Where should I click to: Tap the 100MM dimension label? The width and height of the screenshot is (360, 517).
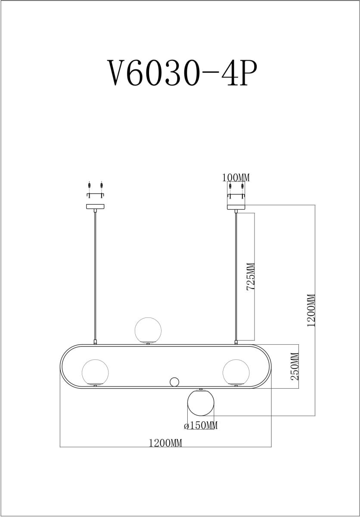coord(236,178)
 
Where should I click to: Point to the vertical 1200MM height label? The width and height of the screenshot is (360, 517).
coord(311,310)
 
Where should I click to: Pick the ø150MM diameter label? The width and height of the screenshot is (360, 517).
coord(201,426)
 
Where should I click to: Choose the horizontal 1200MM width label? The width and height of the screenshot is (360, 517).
coord(165,443)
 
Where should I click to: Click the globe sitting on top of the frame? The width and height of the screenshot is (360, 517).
coord(148,330)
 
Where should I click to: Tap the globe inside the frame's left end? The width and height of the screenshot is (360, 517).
coord(95,372)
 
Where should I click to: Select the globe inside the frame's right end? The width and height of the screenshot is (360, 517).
coord(236,372)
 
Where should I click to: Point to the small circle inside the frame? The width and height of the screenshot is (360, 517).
coord(174,382)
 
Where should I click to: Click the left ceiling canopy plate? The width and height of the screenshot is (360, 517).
coord(95,207)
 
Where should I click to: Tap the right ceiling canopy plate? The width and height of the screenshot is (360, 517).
coord(236,207)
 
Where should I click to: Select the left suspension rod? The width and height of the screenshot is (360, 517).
coord(95,276)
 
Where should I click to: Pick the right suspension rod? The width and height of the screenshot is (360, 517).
coord(236,276)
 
